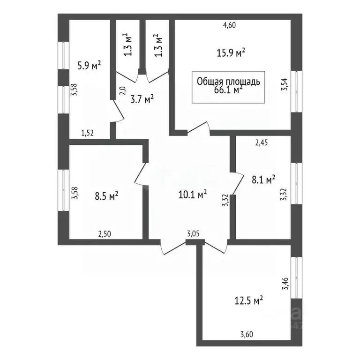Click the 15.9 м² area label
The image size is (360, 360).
pos(232,53)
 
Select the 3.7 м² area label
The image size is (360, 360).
pos(142,99)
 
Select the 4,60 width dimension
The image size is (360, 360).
pos(229,26)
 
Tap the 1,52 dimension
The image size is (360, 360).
pos(88,133)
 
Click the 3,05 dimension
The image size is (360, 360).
pos(194,233)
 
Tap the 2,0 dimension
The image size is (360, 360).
pos(122,90)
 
